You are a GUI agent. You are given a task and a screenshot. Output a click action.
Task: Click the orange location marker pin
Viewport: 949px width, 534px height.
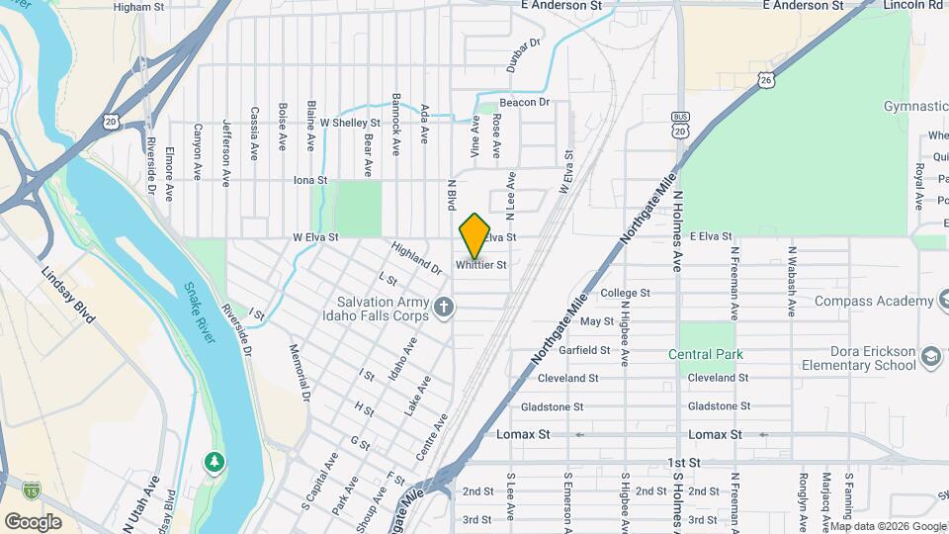pyautogui.click(x=474, y=235)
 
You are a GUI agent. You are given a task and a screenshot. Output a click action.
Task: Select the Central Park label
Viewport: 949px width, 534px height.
pyautogui.click(x=705, y=354)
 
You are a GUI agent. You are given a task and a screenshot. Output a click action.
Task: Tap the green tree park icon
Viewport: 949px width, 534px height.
pyautogui.click(x=214, y=462)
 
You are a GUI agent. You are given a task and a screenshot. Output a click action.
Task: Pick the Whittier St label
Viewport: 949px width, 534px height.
pyautogui.click(x=481, y=265)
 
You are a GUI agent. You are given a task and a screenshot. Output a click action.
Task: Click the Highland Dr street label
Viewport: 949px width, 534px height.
pyautogui.click(x=415, y=259)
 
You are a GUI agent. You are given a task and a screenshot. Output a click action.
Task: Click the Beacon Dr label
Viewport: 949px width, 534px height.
pyautogui.click(x=524, y=102)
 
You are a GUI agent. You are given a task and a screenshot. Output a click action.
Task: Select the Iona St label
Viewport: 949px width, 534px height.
pyautogui.click(x=310, y=181)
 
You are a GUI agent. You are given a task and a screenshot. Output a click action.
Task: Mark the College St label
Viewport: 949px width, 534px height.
pyautogui.click(x=625, y=293)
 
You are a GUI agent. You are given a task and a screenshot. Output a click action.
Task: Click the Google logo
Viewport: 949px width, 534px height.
pyautogui.click(x=33, y=521)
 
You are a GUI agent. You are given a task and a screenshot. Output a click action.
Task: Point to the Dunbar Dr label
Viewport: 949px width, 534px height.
pyautogui.click(x=526, y=55)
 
